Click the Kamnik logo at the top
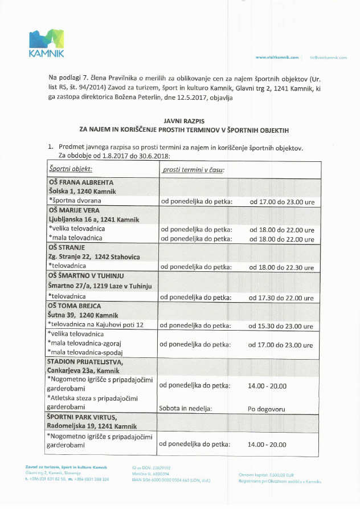(x=47, y=43)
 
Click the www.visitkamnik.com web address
(x=277, y=58)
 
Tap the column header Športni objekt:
(x=71, y=169)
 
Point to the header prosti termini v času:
(x=193, y=170)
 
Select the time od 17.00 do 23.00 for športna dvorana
(x=281, y=202)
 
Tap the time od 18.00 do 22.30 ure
(x=281, y=267)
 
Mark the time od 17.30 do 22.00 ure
(x=281, y=298)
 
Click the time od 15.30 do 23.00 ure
(x=281, y=326)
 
